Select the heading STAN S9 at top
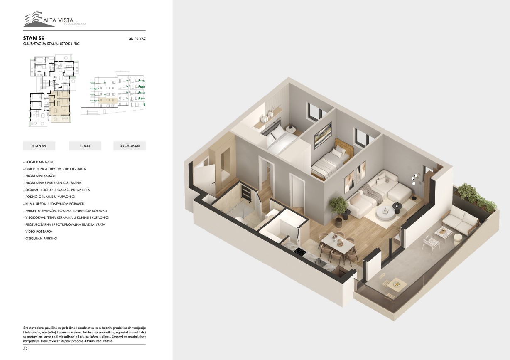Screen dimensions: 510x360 [34, 38]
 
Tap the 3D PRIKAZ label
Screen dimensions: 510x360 [137, 39]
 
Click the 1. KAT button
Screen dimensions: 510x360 [85, 146]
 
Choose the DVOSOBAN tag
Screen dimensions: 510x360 [130, 146]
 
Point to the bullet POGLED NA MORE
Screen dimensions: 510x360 [39, 162]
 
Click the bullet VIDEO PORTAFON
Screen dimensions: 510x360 [38, 232]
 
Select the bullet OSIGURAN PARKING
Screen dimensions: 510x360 [40, 239]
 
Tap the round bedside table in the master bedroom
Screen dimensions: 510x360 [291, 129]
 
